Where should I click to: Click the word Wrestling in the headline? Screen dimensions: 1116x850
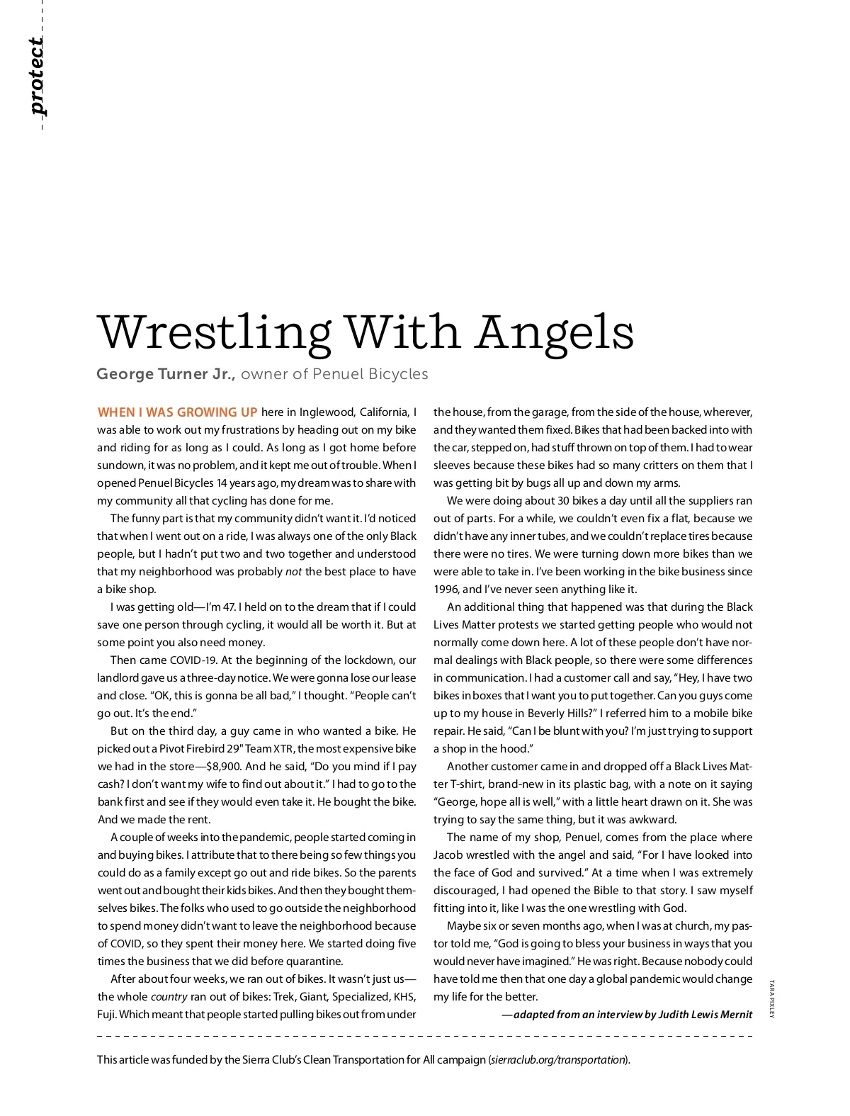(213, 332)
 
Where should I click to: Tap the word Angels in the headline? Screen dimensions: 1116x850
(555, 332)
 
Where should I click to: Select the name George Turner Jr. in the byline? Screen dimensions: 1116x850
(166, 373)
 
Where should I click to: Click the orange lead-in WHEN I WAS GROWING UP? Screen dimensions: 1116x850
(177, 412)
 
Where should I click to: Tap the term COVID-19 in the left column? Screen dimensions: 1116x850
(193, 660)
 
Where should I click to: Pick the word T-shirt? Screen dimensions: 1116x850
(466, 784)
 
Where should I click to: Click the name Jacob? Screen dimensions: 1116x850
(448, 855)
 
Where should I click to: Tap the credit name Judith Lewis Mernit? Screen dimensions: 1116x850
(705, 1015)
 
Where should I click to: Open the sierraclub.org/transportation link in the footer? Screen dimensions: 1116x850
(557, 1060)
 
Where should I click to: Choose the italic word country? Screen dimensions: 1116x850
(169, 997)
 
